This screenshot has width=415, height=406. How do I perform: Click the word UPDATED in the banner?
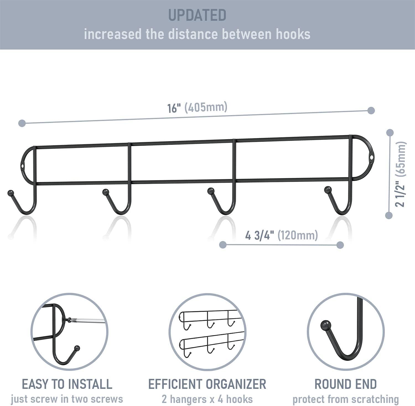click(197, 15)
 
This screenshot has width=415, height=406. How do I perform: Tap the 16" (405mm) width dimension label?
click(197, 107)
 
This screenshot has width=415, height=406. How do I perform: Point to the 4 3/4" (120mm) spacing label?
click(282, 235)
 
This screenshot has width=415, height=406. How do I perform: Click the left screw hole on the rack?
click(22, 167)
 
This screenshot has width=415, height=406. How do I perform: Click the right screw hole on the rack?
click(371, 158)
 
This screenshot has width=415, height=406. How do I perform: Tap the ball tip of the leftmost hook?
click(11, 193)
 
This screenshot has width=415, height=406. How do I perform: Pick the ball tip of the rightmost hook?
click(328, 190)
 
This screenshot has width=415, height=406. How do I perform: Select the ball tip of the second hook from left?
click(105, 192)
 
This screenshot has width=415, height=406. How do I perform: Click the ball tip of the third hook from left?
click(211, 191)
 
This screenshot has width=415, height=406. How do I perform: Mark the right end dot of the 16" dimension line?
click(371, 110)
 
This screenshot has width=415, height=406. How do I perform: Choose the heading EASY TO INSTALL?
click(67, 384)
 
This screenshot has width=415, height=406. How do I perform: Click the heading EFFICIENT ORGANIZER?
click(207, 384)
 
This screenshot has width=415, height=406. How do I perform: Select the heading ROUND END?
click(346, 384)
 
